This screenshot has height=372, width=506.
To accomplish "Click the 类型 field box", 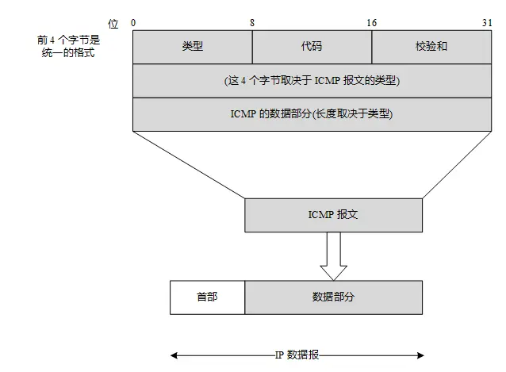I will pos(192,46).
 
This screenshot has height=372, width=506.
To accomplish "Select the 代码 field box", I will pos(312,46).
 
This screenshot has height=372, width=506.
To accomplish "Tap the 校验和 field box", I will pos(431,46).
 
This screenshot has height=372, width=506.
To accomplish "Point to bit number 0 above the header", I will pos(134,24).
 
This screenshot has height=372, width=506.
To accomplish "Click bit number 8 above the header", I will pos(252,24).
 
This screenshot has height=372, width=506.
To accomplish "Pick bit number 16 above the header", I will pos(371,24).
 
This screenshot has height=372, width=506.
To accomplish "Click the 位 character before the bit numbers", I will pos(113,25).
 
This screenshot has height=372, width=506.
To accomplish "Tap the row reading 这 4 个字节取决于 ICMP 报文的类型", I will pos(312,81).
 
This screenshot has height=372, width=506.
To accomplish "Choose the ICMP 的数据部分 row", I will pos(312,114).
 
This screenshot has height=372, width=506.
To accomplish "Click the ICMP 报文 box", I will pos(333,215).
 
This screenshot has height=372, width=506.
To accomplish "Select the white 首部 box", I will pos(207,297).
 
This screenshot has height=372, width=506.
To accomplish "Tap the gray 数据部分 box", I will pos(333,297).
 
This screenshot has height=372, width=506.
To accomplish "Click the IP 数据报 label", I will pos(297,355).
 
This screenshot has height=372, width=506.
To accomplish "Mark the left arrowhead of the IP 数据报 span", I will pos(174,355).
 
